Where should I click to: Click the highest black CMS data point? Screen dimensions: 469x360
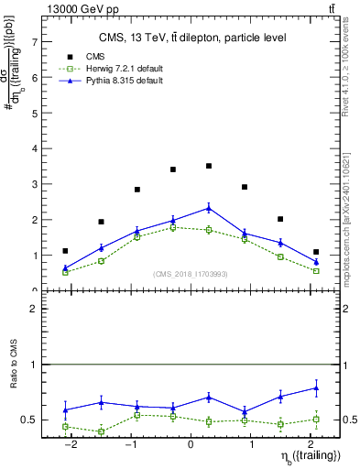click(x=209, y=166)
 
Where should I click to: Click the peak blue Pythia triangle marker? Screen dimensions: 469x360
click(x=209, y=208)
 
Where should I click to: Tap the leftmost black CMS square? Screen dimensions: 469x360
click(x=65, y=251)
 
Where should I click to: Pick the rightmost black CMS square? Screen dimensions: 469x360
click(x=316, y=252)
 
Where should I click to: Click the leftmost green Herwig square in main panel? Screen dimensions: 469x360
click(x=65, y=272)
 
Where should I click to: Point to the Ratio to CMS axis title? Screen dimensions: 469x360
click(x=15, y=377)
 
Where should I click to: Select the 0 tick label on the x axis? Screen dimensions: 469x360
click(x=191, y=444)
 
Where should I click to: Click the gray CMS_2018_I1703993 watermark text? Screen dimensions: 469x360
click(x=190, y=273)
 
